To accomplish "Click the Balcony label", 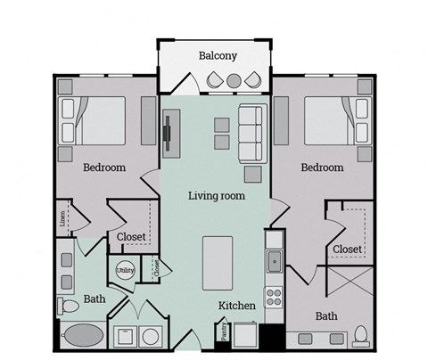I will pyautogui.click(x=217, y=55).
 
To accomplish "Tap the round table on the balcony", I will pyautogui.click(x=234, y=81).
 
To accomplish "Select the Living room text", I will pyautogui.click(x=216, y=195).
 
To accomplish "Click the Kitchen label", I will pyautogui.click(x=238, y=306).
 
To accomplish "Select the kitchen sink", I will pyautogui.click(x=275, y=261).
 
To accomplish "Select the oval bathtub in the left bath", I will pyautogui.click(x=83, y=337).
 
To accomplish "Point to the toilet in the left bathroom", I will pyautogui.click(x=70, y=306).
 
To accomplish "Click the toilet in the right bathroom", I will pyautogui.click(x=361, y=335).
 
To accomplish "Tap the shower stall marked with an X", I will pyautogui.click(x=350, y=287).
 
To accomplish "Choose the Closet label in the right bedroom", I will pyautogui.click(x=347, y=249).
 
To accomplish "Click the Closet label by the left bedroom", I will pyautogui.click(x=132, y=236).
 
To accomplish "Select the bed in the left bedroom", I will pyautogui.click(x=95, y=120).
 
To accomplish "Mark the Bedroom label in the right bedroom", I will pyautogui.click(x=322, y=167).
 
